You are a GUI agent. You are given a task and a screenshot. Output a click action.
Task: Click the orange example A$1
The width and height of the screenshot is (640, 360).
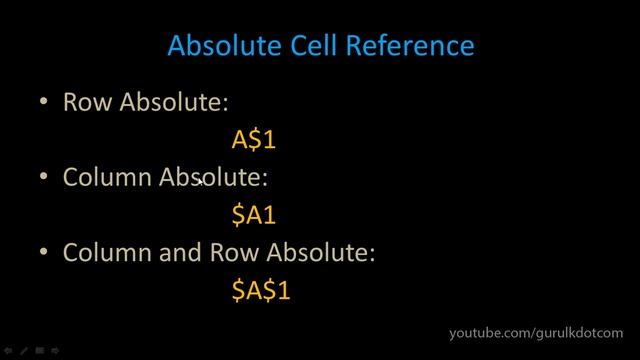[253, 139]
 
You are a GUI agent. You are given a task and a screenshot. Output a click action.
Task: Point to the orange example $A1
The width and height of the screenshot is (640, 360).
[253, 214]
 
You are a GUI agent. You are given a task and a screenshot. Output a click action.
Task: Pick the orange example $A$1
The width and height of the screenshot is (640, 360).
[260, 290]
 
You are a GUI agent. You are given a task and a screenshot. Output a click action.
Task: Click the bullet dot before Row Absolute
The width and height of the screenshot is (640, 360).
[43, 102]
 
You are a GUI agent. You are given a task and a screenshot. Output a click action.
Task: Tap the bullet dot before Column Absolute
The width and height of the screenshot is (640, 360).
[43, 177]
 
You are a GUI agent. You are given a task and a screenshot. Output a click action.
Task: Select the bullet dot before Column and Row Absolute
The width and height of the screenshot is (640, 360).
[43, 253]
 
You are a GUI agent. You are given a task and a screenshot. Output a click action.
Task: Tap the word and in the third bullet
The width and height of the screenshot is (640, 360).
[181, 254]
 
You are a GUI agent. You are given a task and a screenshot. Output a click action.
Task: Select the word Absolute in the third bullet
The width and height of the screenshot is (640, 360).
[320, 254]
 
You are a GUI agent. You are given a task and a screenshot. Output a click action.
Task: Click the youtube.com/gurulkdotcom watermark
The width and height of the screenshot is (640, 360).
[535, 332]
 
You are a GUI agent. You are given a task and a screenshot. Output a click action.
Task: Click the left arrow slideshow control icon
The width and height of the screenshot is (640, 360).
[8, 351]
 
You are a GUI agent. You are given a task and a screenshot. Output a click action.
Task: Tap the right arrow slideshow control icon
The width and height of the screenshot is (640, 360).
[56, 351]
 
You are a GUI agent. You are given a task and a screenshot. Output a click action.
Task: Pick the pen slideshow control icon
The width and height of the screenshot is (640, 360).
[23, 351]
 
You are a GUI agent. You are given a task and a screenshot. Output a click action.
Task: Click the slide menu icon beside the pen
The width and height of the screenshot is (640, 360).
[40, 351]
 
